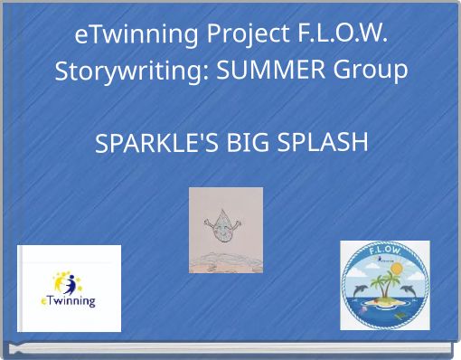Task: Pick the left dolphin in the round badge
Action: (x=360, y=289)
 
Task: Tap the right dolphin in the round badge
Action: (x=411, y=288)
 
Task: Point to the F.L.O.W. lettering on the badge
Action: (x=385, y=251)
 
